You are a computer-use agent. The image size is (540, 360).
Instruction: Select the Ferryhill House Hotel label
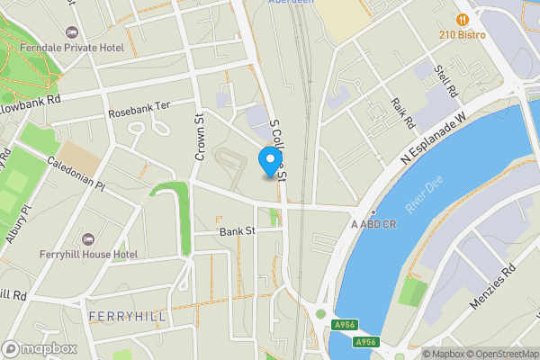tap(89, 255)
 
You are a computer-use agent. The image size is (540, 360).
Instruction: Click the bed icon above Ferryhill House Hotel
tap(88, 238)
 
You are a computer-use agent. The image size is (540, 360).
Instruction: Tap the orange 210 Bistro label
tap(463, 34)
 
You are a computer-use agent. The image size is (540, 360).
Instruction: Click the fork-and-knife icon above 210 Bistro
tap(463, 18)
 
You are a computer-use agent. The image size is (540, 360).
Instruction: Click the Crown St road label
tap(199, 137)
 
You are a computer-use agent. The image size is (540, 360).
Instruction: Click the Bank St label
tap(238, 231)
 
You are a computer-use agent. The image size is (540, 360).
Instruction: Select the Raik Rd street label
tap(401, 112)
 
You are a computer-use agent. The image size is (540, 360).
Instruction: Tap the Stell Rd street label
tap(445, 82)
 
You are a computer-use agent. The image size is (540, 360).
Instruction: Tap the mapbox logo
tap(39, 348)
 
